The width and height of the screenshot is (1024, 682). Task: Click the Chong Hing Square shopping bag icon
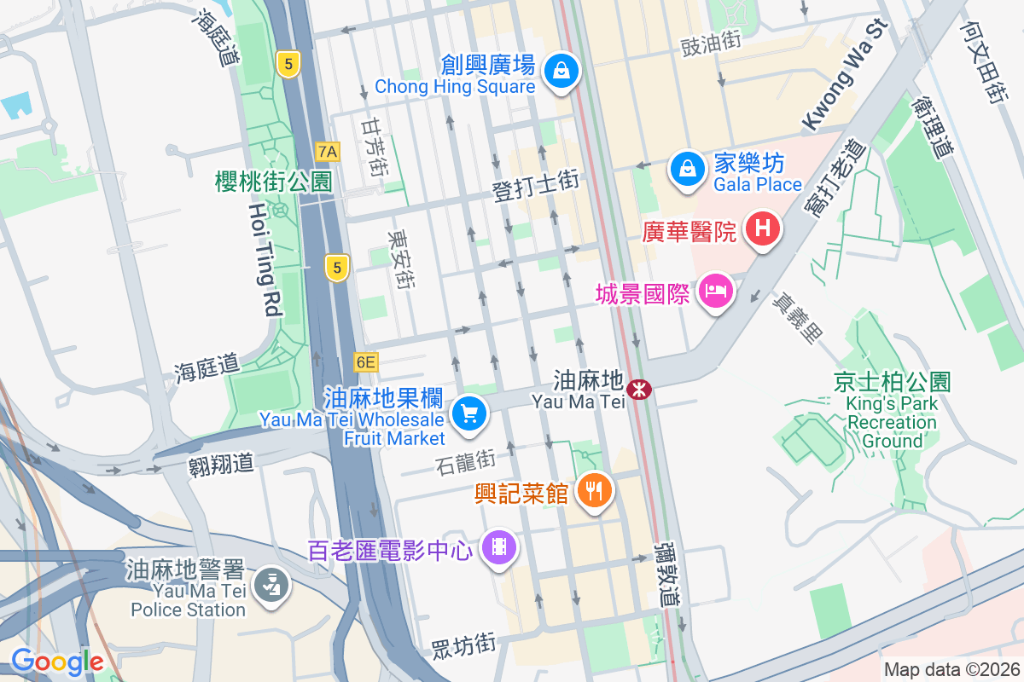point(562,72)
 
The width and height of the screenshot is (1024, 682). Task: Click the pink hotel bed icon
point(716,292)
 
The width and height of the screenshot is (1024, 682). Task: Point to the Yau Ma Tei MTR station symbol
point(638,390)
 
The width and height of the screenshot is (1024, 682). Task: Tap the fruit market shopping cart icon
point(468,414)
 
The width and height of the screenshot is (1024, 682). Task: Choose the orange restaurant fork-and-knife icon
point(594,490)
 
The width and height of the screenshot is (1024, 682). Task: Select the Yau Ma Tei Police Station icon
point(276,586)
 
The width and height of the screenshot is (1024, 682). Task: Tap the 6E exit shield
point(365,362)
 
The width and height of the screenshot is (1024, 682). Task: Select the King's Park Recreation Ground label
point(893,412)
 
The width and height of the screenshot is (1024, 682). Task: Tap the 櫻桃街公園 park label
point(273,181)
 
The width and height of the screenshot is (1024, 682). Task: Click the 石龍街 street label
point(465,463)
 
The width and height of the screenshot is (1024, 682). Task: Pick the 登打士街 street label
point(536,184)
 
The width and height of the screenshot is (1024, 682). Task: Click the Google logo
point(56,661)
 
